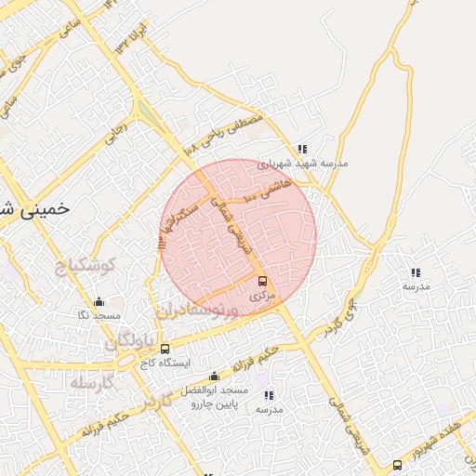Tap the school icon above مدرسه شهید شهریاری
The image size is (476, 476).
tap(301, 149)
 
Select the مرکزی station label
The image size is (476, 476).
tap(262, 295)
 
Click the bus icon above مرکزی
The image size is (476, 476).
tap(261, 280)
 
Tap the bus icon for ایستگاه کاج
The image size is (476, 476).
tap(165, 349)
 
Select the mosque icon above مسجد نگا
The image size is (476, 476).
tap(99, 301)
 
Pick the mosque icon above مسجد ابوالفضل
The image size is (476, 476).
tap(215, 377)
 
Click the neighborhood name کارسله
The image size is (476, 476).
tap(90, 383)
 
